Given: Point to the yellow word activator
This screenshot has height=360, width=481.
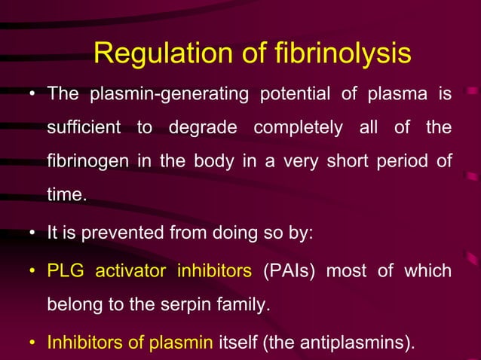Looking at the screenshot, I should (x=131, y=270).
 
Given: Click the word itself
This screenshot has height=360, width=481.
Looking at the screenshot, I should (x=238, y=343).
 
